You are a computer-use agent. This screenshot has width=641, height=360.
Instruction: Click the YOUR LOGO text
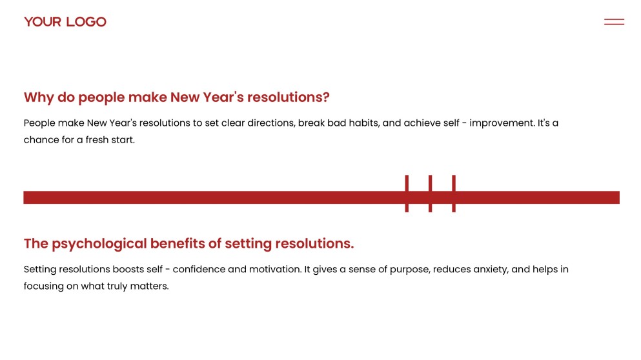point(65,22)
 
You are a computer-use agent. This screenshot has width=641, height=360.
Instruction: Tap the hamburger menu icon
point(614,22)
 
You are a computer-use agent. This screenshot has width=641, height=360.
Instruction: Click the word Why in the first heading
point(39,97)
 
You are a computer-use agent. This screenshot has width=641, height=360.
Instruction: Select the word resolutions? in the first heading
point(288,97)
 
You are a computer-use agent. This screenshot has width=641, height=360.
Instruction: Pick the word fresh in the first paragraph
point(97,140)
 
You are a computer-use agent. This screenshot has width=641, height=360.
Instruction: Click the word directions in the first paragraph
point(270,123)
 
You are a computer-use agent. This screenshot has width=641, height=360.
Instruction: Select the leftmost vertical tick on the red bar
point(407,194)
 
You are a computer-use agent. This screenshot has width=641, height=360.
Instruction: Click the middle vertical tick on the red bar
point(430,194)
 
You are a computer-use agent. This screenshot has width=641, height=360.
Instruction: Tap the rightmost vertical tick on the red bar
point(454,194)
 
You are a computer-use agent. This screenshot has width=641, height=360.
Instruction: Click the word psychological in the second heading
point(99,243)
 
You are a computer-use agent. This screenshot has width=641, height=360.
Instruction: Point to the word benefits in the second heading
point(178,243)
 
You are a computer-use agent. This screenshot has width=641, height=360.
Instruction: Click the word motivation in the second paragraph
point(276,269)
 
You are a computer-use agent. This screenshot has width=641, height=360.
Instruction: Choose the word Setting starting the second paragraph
point(40,270)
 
